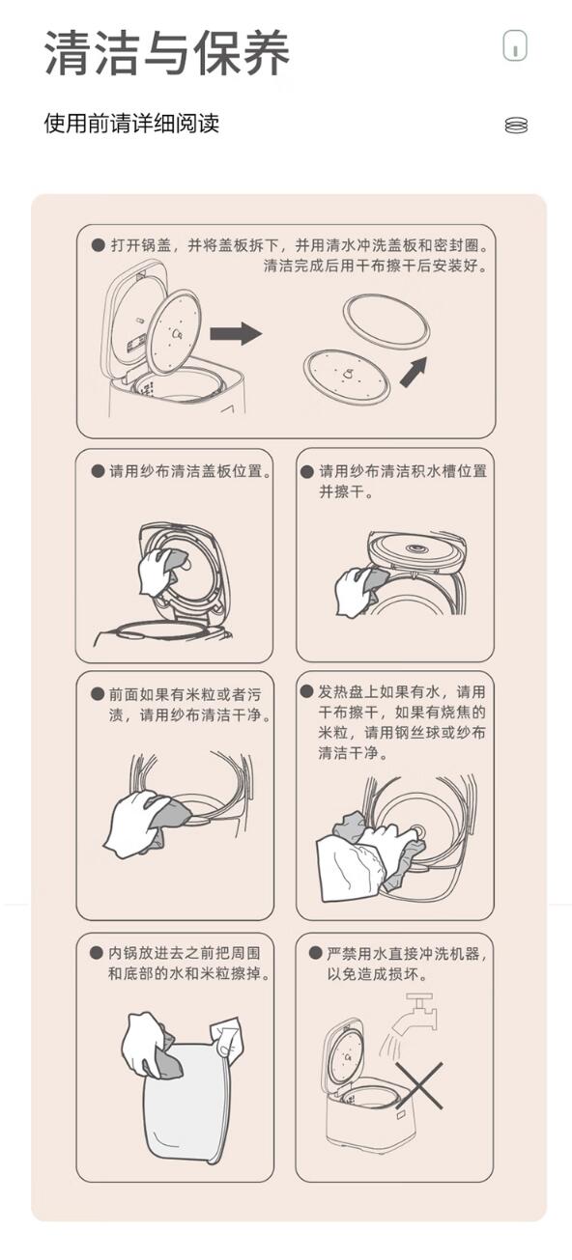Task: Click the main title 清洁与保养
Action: pyautogui.click(x=167, y=53)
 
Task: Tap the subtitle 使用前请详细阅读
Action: pyautogui.click(x=131, y=124)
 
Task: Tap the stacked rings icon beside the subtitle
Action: pyautogui.click(x=516, y=125)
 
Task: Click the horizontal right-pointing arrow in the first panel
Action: pyautogui.click(x=236, y=333)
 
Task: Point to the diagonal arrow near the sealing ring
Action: pyautogui.click(x=414, y=372)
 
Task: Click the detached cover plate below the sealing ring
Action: pyautogui.click(x=347, y=374)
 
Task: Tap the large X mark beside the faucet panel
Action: pyautogui.click(x=419, y=1085)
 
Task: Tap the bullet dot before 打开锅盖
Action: pyautogui.click(x=98, y=245)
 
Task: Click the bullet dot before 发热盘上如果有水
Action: pyautogui.click(x=307, y=691)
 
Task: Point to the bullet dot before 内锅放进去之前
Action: pyautogui.click(x=97, y=952)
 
